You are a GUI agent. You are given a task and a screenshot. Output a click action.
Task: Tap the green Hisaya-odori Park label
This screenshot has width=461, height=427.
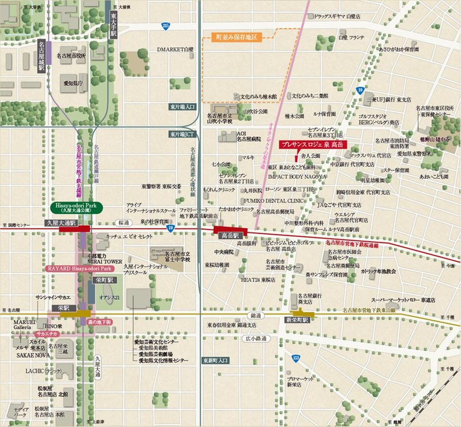click(75, 208)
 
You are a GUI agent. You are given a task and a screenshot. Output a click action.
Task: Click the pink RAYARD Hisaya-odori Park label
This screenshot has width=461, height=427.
click(80, 269)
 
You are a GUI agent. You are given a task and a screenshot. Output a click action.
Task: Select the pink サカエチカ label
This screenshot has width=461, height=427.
click(47, 334)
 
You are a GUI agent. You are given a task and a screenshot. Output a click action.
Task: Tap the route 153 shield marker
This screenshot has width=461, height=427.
click(296, 358)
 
